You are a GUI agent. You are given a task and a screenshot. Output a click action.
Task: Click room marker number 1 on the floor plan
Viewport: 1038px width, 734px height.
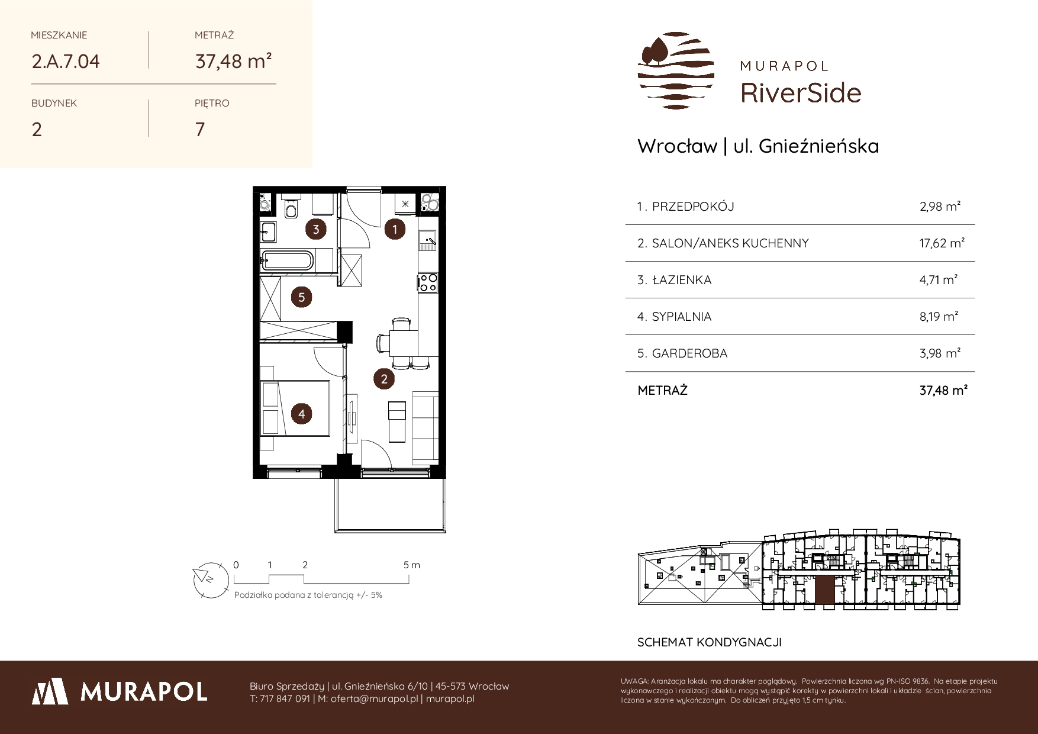[x=395, y=229]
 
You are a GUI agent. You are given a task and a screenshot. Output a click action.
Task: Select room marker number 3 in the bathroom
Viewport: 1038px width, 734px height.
[x=316, y=229]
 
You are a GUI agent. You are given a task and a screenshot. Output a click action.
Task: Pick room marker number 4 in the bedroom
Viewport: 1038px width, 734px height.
[x=302, y=413]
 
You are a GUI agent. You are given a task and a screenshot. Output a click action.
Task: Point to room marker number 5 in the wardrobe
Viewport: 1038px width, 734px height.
[x=302, y=297]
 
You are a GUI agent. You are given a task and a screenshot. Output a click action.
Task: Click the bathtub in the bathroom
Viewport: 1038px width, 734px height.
[x=288, y=261]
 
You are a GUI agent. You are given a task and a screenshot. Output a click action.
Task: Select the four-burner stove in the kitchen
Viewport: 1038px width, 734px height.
[x=428, y=282]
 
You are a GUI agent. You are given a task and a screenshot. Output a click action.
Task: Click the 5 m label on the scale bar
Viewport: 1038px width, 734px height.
[x=412, y=565]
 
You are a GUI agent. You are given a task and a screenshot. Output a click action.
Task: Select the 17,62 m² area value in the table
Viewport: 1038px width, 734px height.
[x=942, y=243]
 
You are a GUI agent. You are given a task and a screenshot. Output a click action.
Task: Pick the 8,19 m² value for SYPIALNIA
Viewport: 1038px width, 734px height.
[x=939, y=316]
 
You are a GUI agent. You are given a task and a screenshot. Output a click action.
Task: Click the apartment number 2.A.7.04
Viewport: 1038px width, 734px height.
[x=66, y=61]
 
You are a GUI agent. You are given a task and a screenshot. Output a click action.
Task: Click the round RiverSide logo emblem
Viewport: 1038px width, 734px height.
[x=676, y=71]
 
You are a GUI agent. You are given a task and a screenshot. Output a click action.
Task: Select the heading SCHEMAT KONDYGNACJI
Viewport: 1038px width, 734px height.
[x=710, y=642]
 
